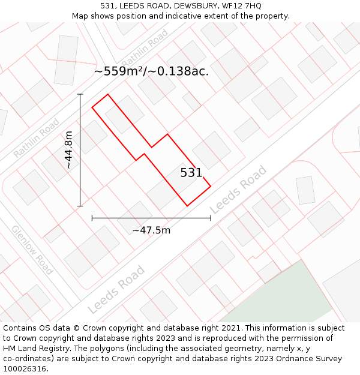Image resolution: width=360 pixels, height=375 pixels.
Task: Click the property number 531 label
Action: coord(191,173)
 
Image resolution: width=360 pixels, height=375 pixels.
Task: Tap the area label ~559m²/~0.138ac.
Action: coord(151,71)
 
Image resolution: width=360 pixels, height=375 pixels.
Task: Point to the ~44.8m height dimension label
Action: coord(69,149)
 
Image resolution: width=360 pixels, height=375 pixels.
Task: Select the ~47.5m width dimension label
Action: coord(151,230)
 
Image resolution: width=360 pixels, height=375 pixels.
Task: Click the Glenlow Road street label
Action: coord(32,249)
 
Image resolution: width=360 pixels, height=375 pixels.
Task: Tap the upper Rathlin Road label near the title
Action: coord(145,50)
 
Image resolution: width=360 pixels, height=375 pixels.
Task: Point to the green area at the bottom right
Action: coord(282,294)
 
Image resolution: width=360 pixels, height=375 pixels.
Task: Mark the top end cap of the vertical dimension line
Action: coord(80,94)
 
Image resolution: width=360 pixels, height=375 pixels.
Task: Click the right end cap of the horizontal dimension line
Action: coord(211,218)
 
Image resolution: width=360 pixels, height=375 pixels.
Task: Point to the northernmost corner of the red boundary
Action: coord(108,94)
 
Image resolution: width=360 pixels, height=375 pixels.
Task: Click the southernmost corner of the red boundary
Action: coord(187,206)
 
